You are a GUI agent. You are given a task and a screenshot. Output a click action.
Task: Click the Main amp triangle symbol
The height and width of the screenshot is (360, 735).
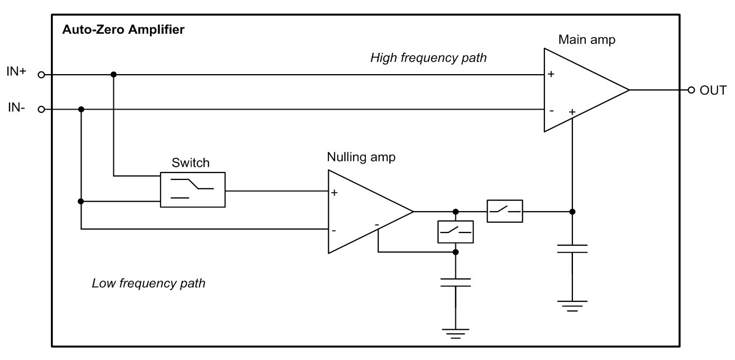pyautogui.click(x=580, y=90)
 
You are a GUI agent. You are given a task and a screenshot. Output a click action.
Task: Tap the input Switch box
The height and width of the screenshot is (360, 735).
pyautogui.click(x=193, y=190)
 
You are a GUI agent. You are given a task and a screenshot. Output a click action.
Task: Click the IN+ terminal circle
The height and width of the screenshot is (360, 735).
pyautogui.click(x=41, y=75)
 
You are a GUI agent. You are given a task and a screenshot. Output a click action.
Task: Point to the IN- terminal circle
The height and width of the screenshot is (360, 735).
pyautogui.click(x=41, y=110)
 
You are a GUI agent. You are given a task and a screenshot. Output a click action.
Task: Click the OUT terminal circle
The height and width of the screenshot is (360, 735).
pyautogui.click(x=691, y=90)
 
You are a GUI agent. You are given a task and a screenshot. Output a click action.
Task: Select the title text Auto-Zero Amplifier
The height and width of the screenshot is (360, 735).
pyautogui.click(x=123, y=30)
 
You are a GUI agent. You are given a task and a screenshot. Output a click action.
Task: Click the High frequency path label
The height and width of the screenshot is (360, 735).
pyautogui.click(x=428, y=58)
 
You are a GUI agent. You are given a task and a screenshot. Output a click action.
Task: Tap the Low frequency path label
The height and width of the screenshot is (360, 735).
pyautogui.click(x=148, y=283)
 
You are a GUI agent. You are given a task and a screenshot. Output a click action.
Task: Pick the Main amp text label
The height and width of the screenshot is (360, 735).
pyautogui.click(x=587, y=40)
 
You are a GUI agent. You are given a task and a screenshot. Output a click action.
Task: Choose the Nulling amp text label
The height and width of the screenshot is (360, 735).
pyautogui.click(x=361, y=157)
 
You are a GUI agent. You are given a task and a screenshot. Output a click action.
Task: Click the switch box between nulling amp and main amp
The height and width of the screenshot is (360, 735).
pyautogui.click(x=505, y=211)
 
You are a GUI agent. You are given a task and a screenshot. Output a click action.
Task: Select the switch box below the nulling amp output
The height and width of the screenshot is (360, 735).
pyautogui.click(x=455, y=231)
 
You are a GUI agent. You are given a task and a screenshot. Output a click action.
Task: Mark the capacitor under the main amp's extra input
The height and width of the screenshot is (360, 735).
pyautogui.click(x=572, y=249)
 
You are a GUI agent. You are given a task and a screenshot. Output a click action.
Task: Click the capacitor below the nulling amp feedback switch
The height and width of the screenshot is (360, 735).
pyautogui.click(x=455, y=282)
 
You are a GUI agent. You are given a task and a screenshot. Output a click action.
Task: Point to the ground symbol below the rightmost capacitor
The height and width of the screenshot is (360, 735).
pyautogui.click(x=572, y=305)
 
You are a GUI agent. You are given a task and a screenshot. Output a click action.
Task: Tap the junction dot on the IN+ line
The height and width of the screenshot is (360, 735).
pyautogui.click(x=113, y=75)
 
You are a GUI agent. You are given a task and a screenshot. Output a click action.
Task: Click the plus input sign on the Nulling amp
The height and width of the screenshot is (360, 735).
pyautogui.click(x=334, y=193)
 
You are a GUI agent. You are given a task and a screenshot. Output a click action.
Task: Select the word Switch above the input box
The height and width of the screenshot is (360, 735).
pyautogui.click(x=190, y=163)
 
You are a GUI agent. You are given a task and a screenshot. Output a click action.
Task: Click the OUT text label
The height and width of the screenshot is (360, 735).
pyautogui.click(x=713, y=91)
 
